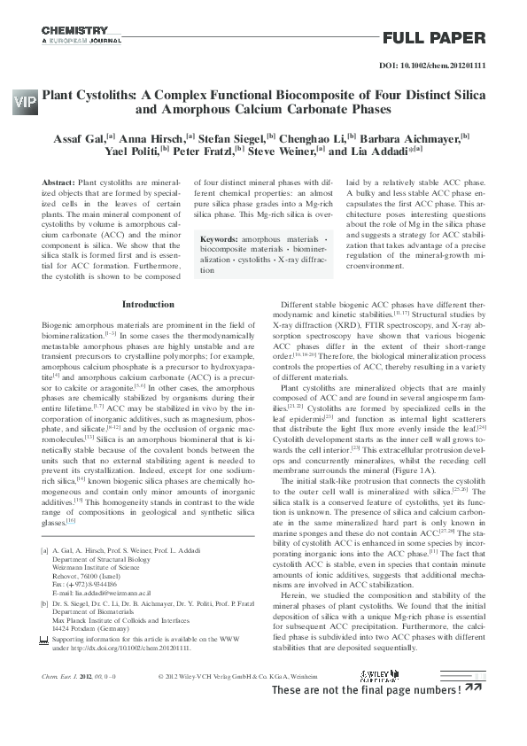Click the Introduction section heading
(x=148, y=304)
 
